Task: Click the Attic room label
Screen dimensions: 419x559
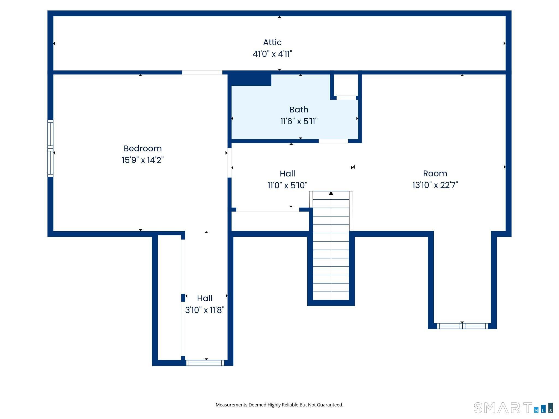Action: click(x=272, y=42)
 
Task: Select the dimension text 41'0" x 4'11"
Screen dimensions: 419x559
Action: click(x=272, y=54)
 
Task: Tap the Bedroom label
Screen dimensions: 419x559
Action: click(x=142, y=148)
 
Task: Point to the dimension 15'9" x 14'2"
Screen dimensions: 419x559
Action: click(x=142, y=160)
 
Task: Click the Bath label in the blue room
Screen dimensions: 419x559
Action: click(x=299, y=110)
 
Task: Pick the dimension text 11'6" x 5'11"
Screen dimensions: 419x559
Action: click(x=299, y=121)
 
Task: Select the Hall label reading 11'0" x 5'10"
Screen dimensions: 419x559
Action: click(x=287, y=174)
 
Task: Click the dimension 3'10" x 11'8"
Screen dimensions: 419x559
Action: click(x=205, y=310)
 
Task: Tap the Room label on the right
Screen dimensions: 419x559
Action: click(x=435, y=173)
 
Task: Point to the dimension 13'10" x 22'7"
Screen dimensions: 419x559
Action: click(x=435, y=185)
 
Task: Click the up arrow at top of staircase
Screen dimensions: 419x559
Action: click(x=331, y=193)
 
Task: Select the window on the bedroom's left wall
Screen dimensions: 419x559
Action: click(x=50, y=148)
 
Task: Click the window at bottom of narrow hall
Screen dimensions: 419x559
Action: click(x=205, y=363)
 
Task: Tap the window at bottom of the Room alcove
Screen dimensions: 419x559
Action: click(x=462, y=326)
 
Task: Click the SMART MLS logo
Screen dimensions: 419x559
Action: click(x=513, y=408)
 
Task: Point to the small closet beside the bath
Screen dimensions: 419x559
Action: click(x=346, y=85)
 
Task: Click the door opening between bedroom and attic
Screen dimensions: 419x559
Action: click(x=202, y=73)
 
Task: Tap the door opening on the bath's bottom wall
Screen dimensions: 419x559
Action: click(x=333, y=141)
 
